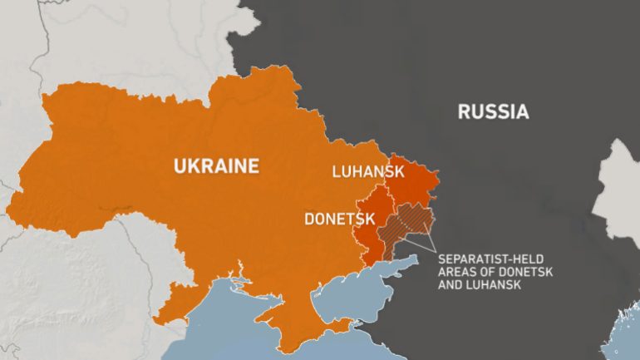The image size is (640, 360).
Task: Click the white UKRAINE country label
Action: pyautogui.click(x=215, y=165)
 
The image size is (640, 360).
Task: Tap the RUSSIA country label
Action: pyautogui.click(x=493, y=111)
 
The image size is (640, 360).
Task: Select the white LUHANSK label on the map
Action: pyautogui.click(x=367, y=172)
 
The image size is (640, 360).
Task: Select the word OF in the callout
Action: pyautogui.click(x=487, y=273)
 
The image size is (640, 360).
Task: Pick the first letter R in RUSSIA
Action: pyautogui.click(x=464, y=111)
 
